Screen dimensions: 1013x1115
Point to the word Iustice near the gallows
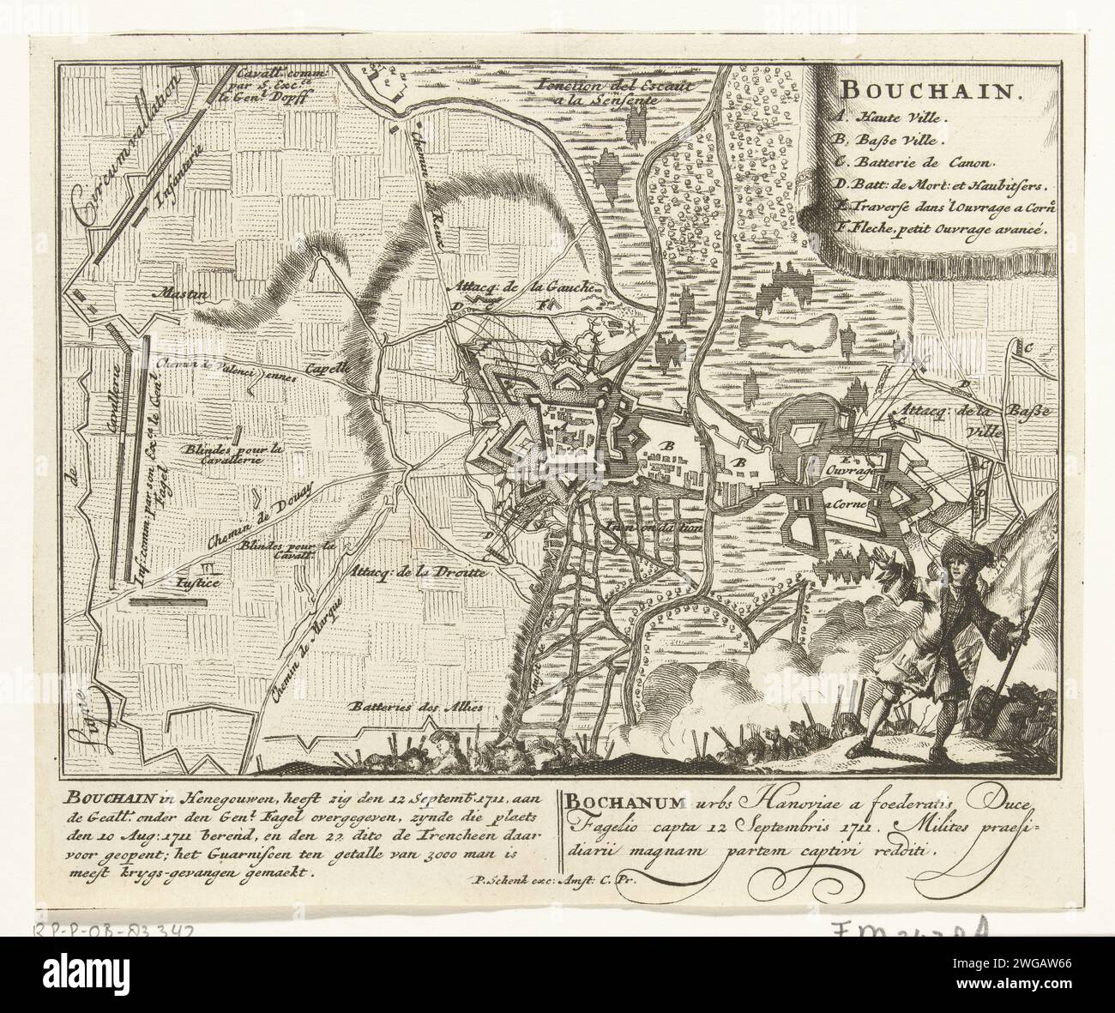pos(198,583)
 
